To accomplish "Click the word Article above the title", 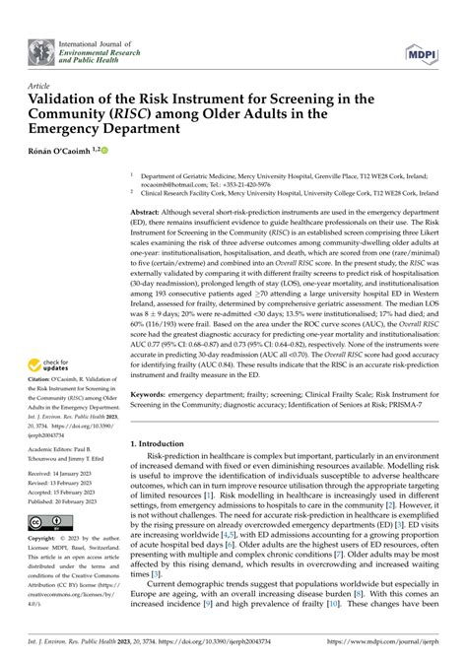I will pos(39,87).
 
